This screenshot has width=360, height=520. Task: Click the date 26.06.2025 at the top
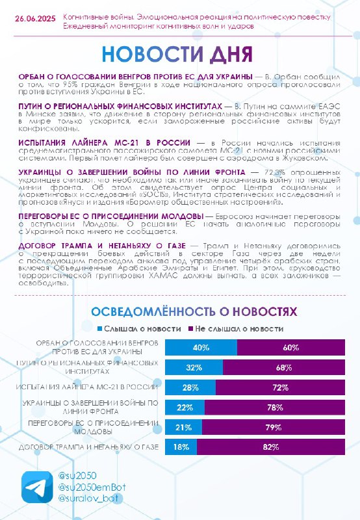35,19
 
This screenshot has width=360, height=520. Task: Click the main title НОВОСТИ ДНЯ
177,54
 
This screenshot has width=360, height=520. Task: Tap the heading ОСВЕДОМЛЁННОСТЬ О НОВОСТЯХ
194,311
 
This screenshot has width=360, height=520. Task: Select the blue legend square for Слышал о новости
100,329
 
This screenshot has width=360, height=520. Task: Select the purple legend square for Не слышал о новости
190,329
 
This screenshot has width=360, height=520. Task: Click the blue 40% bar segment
201,347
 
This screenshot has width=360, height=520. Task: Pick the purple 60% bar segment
291,347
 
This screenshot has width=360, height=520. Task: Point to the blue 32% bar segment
194,367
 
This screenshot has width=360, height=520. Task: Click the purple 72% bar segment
281,387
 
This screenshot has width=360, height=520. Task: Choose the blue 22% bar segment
185,408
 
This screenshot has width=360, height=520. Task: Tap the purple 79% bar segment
274,427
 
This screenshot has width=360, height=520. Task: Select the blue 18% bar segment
181,447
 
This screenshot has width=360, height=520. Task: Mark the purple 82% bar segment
271,447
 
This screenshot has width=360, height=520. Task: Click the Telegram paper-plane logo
37,487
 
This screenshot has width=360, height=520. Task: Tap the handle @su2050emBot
92,487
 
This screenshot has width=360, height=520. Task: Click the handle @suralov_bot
88,498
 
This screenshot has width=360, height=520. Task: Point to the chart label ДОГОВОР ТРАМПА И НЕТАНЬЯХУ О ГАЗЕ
88,447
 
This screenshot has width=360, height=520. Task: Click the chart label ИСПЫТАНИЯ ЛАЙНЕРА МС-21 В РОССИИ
87,387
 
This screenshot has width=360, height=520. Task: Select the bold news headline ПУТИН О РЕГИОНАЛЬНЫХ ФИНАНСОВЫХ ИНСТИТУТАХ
120,107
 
